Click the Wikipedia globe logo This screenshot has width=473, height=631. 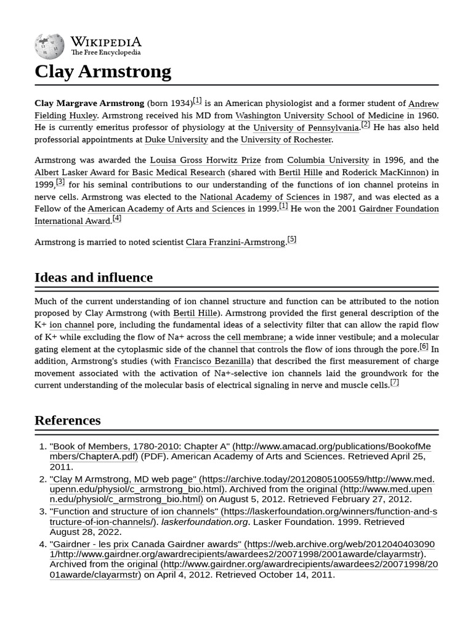49,46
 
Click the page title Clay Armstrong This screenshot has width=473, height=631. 103,71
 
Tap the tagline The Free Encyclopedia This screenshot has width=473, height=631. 105,53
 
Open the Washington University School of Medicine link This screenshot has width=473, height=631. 319,115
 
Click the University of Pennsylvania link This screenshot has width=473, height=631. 306,128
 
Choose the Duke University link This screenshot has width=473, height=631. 176,140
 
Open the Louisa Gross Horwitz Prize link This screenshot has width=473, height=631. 205,160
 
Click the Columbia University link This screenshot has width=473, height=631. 328,160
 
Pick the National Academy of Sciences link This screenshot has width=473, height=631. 259,197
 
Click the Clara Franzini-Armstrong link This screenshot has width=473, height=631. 235,242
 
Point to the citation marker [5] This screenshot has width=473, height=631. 292,240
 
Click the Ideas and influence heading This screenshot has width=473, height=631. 94,277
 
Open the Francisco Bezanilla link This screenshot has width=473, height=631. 214,361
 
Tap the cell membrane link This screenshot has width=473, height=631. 255,337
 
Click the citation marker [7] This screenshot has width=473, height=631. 394,383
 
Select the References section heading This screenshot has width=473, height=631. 68,420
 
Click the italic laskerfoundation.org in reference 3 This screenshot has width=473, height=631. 205,522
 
